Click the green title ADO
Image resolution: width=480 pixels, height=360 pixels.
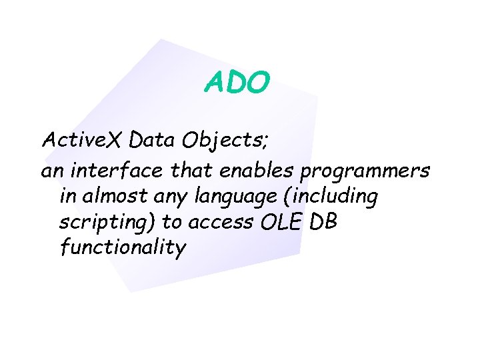(237, 83)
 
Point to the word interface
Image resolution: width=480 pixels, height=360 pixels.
(115, 171)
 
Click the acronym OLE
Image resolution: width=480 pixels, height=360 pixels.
(279, 223)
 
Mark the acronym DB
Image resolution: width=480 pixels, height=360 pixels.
(323, 222)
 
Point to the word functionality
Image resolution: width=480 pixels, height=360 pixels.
(123, 248)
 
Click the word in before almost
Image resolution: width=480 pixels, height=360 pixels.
(69, 197)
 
